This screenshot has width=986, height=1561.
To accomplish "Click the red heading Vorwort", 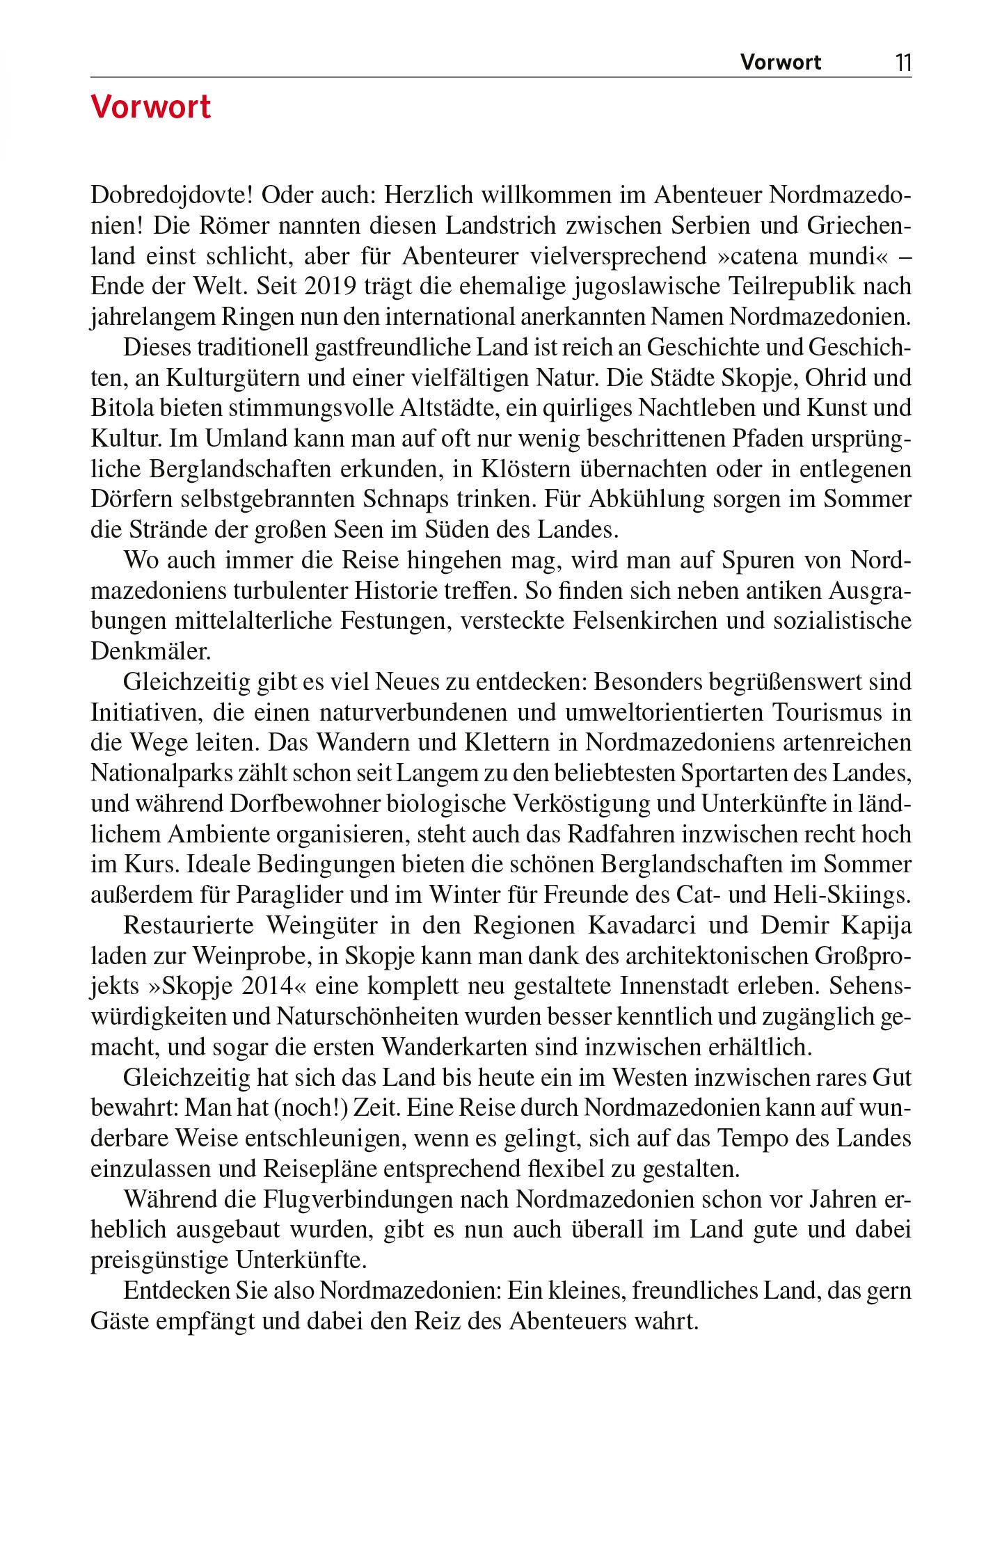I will pos(150,108).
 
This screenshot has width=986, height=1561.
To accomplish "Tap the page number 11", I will pos(902,63).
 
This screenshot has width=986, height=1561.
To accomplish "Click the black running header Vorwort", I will pos(780,63).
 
